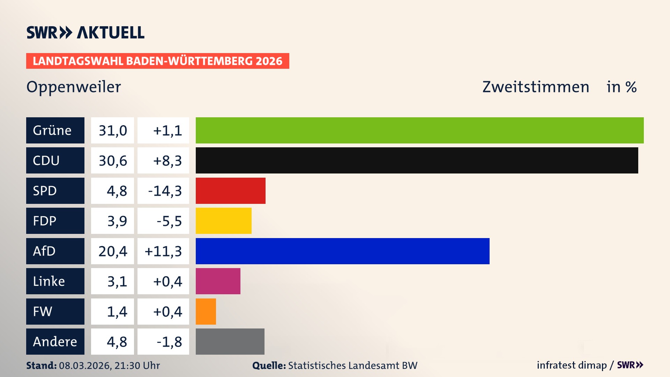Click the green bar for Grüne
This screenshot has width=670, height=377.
point(419,130)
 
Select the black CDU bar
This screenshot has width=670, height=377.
point(417,160)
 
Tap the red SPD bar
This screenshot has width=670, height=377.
point(230,191)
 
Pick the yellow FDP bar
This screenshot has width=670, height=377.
point(223,221)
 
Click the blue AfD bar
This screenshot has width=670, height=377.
point(342,251)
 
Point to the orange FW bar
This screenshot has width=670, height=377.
point(206,311)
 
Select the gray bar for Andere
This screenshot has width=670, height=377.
point(230,341)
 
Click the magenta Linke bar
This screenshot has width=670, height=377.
point(218,281)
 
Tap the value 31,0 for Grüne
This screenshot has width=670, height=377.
point(112,130)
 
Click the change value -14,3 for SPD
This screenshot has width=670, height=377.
point(165,191)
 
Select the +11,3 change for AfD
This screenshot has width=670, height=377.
point(163,251)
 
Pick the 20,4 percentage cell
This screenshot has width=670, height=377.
point(112,251)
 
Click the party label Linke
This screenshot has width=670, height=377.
point(49,281)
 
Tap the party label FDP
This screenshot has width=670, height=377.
point(45,221)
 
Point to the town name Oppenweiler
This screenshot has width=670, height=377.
point(74,87)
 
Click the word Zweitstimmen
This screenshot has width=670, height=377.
point(536,87)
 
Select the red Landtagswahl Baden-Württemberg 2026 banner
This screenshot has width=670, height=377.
point(157,61)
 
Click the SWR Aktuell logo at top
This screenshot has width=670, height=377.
point(85,32)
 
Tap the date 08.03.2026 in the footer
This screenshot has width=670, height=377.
point(84,365)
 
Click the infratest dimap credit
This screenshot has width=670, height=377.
point(572,365)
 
